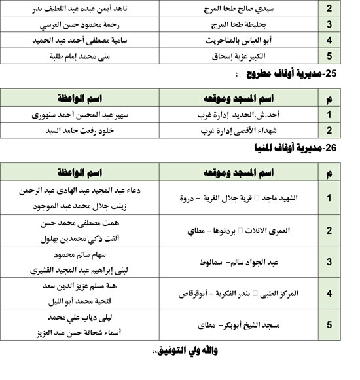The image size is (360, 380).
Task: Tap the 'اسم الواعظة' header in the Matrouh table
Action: [x=77, y=99]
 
